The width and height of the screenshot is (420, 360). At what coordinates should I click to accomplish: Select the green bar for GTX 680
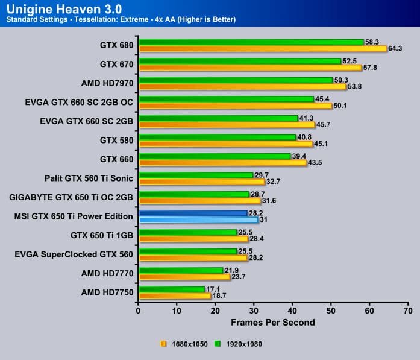pos(251,42)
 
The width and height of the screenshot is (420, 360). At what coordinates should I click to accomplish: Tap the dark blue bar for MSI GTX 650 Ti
pos(193,213)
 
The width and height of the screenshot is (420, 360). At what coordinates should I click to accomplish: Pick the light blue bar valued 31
pos(198,220)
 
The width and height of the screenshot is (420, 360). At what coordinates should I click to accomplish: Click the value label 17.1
pos(213,289)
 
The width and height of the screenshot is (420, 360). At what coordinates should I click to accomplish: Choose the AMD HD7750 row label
pos(107,292)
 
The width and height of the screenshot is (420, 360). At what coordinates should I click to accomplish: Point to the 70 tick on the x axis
pos(408,311)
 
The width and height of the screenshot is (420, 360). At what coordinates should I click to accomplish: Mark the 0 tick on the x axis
pos(139,311)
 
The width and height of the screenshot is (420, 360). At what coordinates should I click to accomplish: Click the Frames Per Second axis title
pos(272,323)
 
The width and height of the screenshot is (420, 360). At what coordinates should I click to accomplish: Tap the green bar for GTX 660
pos(215,156)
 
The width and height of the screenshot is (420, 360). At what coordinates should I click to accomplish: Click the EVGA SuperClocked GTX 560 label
pos(74,254)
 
